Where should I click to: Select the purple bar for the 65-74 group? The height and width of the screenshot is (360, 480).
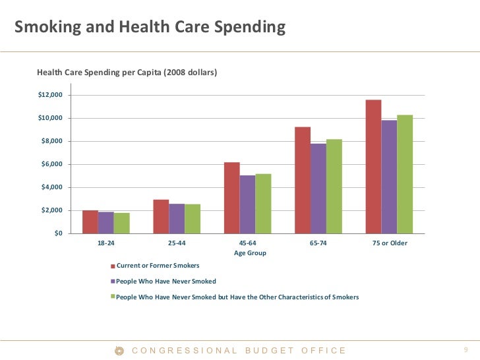(318, 189)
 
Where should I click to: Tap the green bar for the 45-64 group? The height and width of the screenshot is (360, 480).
(263, 204)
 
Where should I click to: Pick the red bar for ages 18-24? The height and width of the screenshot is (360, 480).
(90, 222)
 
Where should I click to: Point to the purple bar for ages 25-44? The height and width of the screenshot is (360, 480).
(177, 219)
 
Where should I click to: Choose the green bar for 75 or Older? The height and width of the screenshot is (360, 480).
(405, 174)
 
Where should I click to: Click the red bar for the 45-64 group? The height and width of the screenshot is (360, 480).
(232, 198)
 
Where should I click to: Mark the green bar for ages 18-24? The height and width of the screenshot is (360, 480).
(122, 223)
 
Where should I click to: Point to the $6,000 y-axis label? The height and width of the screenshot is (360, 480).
(52, 164)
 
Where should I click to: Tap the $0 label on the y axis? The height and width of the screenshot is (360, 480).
(59, 233)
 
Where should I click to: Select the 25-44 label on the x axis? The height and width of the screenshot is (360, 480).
(177, 243)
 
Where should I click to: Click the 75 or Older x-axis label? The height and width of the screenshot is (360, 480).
(389, 243)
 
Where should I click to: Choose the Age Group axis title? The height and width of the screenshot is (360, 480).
(250, 253)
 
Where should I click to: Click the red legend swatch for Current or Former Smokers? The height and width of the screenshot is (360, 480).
(113, 266)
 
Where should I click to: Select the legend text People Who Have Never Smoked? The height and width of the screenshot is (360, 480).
(166, 282)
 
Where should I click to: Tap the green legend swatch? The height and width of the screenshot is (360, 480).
(113, 297)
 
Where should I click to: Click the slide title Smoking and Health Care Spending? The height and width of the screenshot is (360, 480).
(150, 27)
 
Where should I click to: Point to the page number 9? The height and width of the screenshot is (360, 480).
(466, 350)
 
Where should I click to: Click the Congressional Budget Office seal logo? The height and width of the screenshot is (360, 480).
(119, 351)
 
